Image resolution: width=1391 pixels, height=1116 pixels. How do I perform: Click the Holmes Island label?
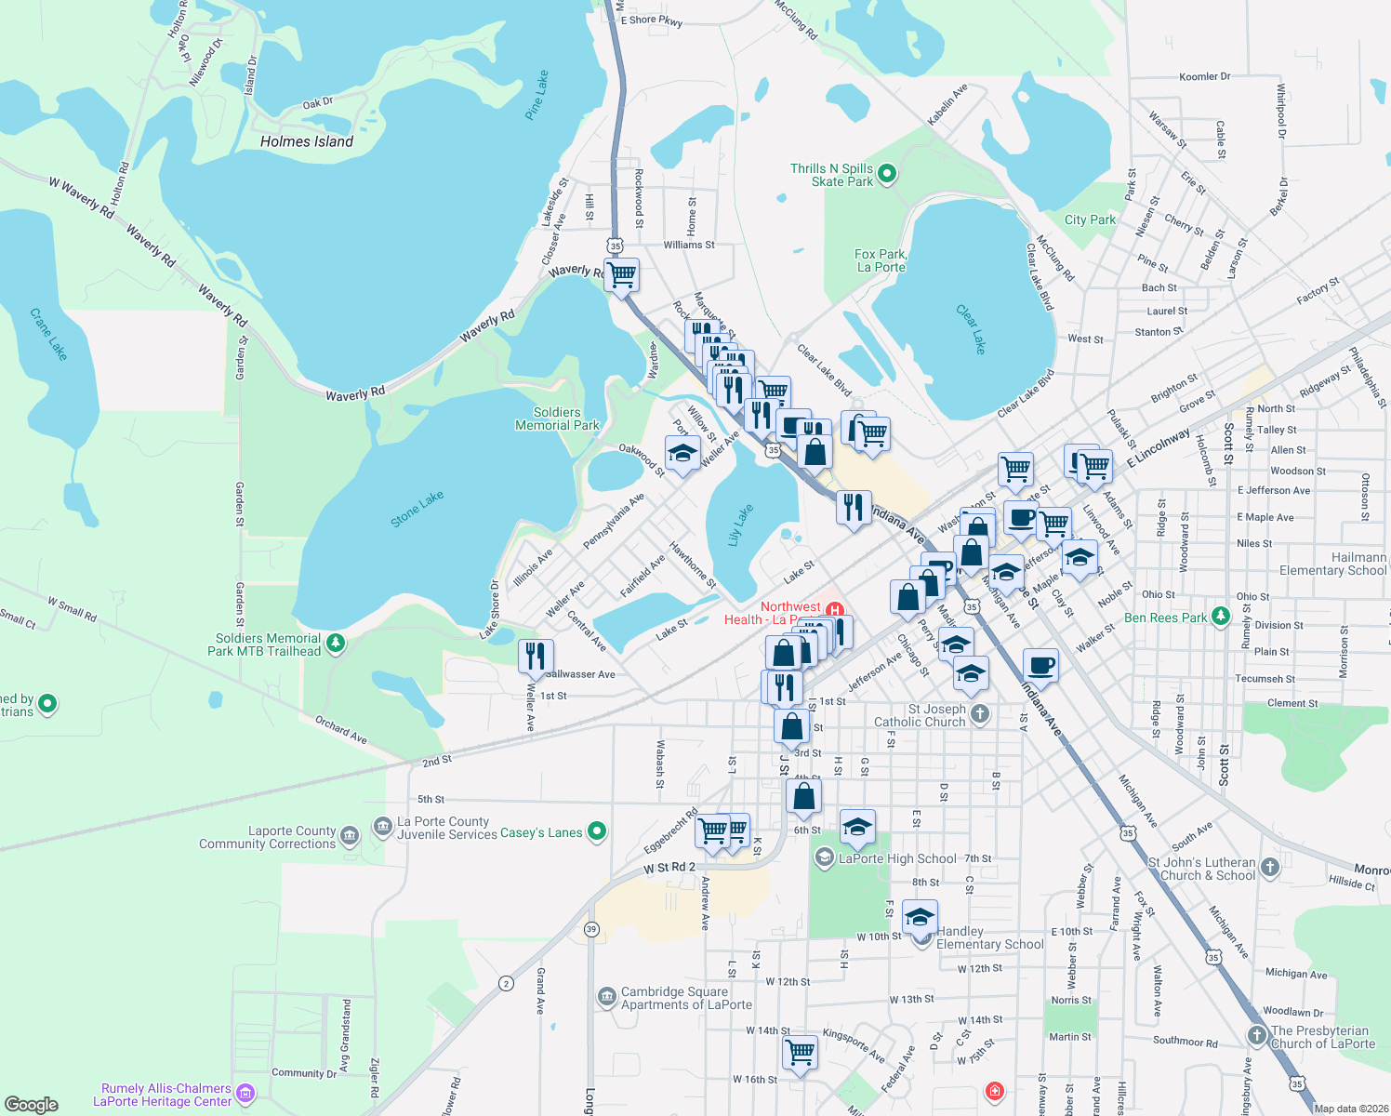point(307,141)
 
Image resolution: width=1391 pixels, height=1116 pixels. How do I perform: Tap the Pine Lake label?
point(537,95)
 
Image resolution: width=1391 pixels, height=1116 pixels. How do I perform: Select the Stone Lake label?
point(417,510)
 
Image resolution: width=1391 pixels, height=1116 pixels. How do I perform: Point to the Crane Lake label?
point(48,334)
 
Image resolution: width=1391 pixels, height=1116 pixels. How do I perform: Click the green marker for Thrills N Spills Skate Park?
point(887,173)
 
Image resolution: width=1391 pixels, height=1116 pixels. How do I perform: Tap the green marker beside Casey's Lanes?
point(597,831)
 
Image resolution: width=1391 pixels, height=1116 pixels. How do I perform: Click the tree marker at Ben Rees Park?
point(1221,616)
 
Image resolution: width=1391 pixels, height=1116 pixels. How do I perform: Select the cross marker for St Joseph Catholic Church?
point(979,714)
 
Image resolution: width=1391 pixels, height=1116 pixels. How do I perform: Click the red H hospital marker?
point(834,611)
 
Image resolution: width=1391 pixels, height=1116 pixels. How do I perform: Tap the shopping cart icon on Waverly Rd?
point(622,275)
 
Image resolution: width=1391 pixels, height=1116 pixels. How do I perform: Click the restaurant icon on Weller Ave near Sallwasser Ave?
point(535,656)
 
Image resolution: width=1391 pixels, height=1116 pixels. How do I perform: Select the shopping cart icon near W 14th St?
point(800,1052)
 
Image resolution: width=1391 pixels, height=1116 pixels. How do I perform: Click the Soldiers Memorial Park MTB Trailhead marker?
point(336,643)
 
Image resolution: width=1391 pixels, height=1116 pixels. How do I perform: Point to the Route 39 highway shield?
point(591,929)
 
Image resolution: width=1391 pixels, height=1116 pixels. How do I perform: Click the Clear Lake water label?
point(971,329)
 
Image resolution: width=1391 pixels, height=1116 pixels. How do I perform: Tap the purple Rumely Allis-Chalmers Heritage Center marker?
point(245,1093)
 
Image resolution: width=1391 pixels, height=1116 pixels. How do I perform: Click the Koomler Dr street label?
point(1204,77)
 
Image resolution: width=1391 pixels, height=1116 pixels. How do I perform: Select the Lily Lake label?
point(740,525)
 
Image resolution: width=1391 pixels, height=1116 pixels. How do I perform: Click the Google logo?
point(32,1104)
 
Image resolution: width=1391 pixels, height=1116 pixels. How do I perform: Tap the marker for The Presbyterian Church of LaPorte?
point(1257,1035)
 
